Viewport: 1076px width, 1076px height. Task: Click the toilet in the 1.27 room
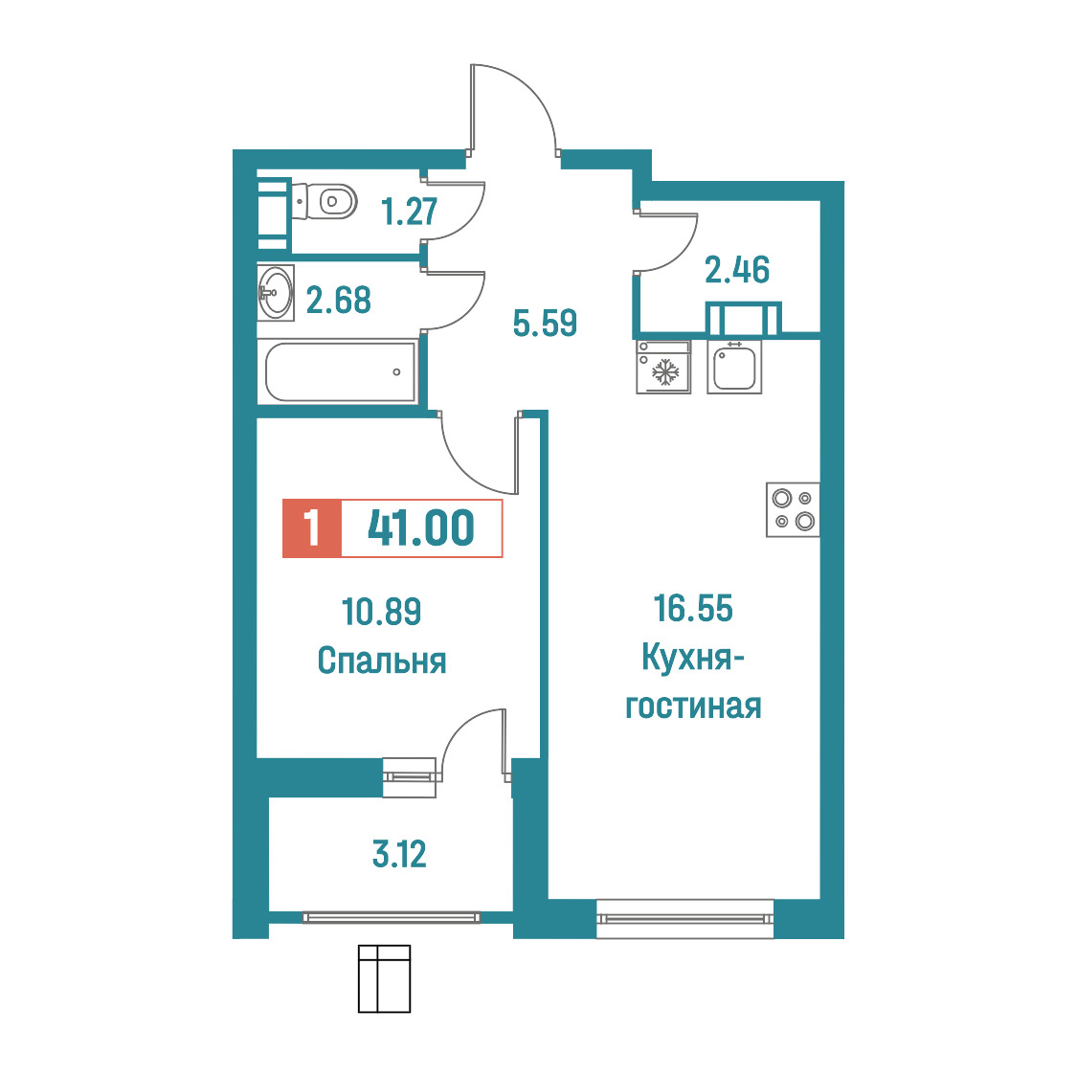click(324, 201)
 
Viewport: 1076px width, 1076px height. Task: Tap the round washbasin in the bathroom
click(276, 293)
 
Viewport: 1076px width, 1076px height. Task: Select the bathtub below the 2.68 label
click(341, 372)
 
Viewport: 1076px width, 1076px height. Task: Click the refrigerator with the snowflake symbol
click(662, 368)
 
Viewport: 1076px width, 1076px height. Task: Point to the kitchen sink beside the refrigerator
click(734, 368)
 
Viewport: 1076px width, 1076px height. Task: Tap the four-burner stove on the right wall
click(793, 509)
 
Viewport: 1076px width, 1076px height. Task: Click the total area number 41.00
click(420, 527)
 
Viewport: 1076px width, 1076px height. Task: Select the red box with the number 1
click(311, 527)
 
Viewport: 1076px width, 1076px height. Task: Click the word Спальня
click(382, 661)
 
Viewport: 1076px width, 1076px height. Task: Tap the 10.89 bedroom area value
click(382, 612)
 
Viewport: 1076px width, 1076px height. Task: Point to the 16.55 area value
click(693, 609)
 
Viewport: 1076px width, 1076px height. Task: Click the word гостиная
click(693, 706)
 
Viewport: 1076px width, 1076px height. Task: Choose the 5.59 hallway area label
click(545, 323)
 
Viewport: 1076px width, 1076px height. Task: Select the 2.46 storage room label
click(737, 270)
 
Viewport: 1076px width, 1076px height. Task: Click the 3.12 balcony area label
click(399, 854)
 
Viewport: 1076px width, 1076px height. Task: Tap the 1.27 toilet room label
click(409, 212)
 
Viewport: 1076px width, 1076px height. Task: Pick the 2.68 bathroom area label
click(338, 300)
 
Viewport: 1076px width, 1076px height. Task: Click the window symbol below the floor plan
click(384, 978)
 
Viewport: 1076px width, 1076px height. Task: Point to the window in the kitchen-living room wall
click(684, 918)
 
